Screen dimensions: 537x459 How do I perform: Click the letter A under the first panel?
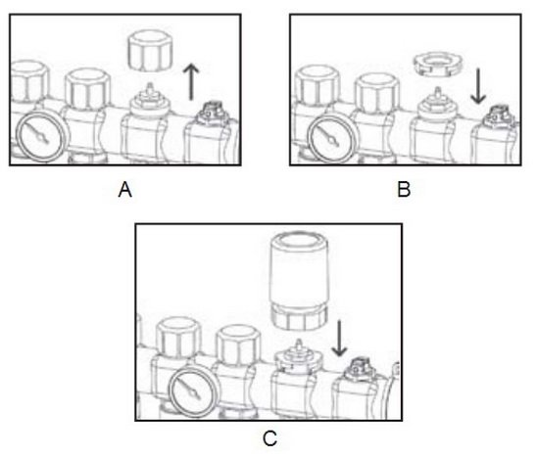click(x=125, y=190)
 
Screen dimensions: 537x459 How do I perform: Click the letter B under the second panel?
click(x=404, y=190)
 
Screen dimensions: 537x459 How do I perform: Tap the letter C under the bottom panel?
click(x=269, y=438)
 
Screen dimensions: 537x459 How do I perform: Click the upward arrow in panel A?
click(x=191, y=82)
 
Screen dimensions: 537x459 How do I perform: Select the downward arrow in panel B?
click(x=478, y=85)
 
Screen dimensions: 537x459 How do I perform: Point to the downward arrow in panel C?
click(x=339, y=338)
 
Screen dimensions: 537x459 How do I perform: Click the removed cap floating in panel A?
click(x=150, y=51)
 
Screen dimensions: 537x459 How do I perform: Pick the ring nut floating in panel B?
click(x=436, y=64)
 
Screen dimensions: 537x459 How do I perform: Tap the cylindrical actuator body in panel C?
click(x=299, y=268)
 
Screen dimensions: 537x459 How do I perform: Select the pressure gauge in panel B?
click(x=329, y=140)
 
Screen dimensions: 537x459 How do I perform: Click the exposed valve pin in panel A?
click(x=149, y=90)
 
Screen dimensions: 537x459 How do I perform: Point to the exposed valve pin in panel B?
click(x=437, y=94)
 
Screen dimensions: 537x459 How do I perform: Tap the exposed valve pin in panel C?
click(x=299, y=345)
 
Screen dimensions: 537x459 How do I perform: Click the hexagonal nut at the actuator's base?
click(x=299, y=319)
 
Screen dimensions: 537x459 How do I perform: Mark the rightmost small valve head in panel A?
click(x=213, y=113)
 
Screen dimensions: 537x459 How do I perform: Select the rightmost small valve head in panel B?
click(x=498, y=116)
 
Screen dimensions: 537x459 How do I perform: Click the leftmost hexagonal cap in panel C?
click(x=178, y=338)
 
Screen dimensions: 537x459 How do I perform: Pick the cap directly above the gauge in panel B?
click(x=317, y=84)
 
